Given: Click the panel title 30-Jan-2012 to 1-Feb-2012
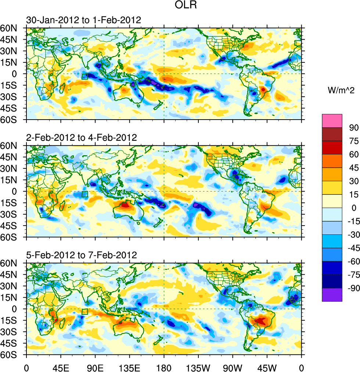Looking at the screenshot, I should coord(83,20).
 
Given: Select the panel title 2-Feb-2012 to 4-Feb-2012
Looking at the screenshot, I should coord(81,138).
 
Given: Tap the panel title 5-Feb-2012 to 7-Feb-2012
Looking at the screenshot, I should coord(81,255).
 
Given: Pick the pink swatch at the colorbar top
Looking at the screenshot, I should coord(332,121).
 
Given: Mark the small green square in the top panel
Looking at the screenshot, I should coord(85,76).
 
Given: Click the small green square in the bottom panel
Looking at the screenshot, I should coord(85,312).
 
